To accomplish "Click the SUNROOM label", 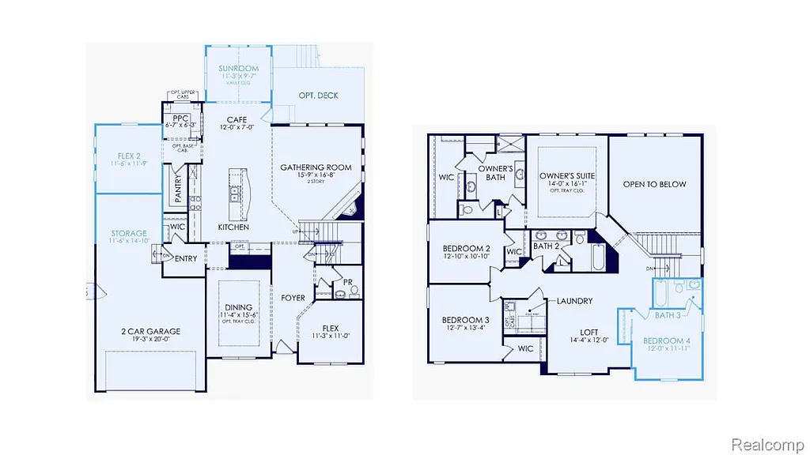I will pyautogui.click(x=238, y=69).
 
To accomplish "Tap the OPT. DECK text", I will pyautogui.click(x=318, y=96).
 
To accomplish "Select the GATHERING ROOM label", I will pyautogui.click(x=316, y=167).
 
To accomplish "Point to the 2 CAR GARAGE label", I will pyautogui.click(x=151, y=332).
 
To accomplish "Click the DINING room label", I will pyautogui.click(x=238, y=307).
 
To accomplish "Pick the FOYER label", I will pyautogui.click(x=293, y=298).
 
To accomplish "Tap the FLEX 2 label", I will pyautogui.click(x=129, y=155).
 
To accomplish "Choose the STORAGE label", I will pyautogui.click(x=129, y=234).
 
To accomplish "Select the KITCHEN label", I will pyautogui.click(x=233, y=227).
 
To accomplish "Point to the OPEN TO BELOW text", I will pyautogui.click(x=654, y=184).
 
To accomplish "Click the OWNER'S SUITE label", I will pyautogui.click(x=567, y=175).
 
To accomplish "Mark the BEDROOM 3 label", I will pyautogui.click(x=465, y=320).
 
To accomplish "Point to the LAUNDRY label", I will pyautogui.click(x=574, y=301).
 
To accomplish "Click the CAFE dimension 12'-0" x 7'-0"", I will pyautogui.click(x=237, y=127).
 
